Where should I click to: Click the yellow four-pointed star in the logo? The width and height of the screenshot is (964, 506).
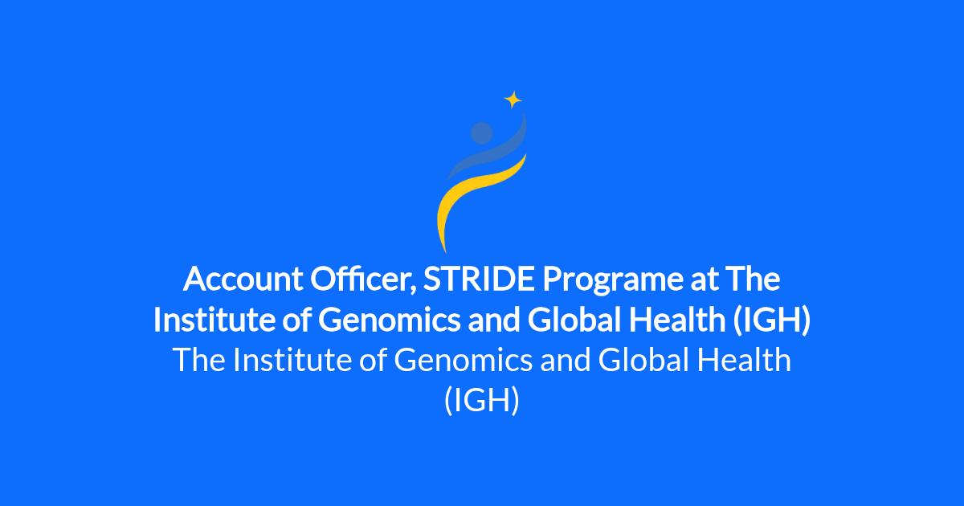pos(513,100)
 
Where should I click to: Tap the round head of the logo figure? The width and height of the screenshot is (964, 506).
pos(481,133)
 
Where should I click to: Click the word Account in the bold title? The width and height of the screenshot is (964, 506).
pos(243,279)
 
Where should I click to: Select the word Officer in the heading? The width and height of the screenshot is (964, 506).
pos(363,280)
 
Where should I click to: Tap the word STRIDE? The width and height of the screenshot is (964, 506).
pos(479,279)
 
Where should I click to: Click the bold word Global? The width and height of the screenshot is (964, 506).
pos(574,320)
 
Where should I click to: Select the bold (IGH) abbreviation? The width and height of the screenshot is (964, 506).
pos(772,320)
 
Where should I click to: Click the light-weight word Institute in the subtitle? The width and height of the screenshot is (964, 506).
pos(292,360)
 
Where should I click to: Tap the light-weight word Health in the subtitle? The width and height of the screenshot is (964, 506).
pos(744,360)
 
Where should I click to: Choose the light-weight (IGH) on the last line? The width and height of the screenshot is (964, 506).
pos(482,400)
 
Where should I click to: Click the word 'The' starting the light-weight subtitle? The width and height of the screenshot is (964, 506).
pos(199,360)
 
